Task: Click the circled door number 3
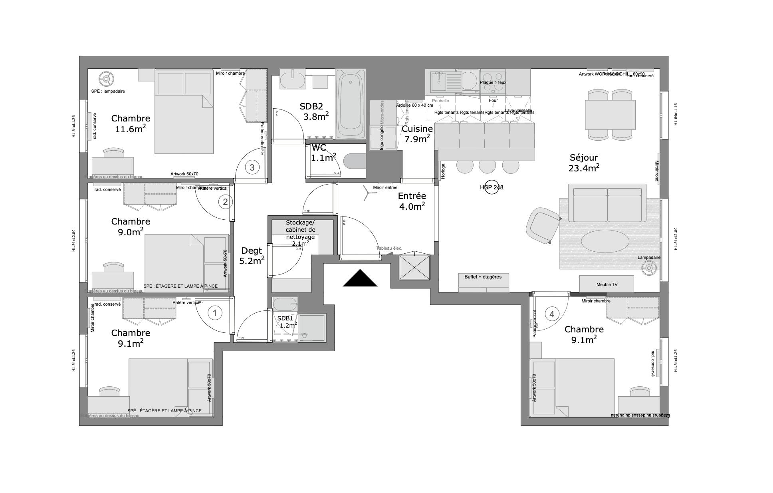[252, 167]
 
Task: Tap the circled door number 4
[552, 314]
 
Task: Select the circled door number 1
[215, 313]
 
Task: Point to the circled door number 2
[225, 202]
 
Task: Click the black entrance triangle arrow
[360, 279]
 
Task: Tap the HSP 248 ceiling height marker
[492, 187]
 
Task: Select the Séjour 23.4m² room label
[584, 163]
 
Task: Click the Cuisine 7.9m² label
[417, 133]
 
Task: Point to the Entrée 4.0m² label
[412, 201]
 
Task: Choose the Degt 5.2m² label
[252, 256]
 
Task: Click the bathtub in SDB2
[351, 104]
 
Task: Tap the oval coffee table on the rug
[605, 241]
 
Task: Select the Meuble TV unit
[607, 284]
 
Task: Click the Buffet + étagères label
[483, 277]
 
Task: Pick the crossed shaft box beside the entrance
[414, 268]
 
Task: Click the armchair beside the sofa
[542, 225]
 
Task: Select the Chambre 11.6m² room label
[130, 123]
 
